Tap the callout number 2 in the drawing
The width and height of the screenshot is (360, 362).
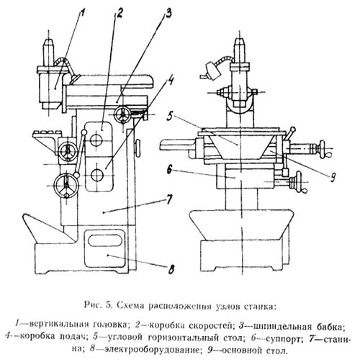click(x=119, y=13)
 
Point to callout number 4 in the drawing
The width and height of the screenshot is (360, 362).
click(x=170, y=81)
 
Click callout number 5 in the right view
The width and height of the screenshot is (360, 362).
click(x=171, y=116)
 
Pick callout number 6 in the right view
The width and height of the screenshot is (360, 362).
click(x=170, y=170)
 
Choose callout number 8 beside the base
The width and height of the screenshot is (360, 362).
click(x=170, y=269)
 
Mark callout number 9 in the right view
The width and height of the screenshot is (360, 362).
click(x=332, y=177)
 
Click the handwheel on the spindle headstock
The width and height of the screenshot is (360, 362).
click(x=122, y=114)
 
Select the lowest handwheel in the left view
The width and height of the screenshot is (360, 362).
click(x=67, y=186)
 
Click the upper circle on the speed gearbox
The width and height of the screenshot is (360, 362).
click(x=96, y=140)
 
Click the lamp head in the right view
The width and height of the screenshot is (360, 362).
click(x=212, y=71)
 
